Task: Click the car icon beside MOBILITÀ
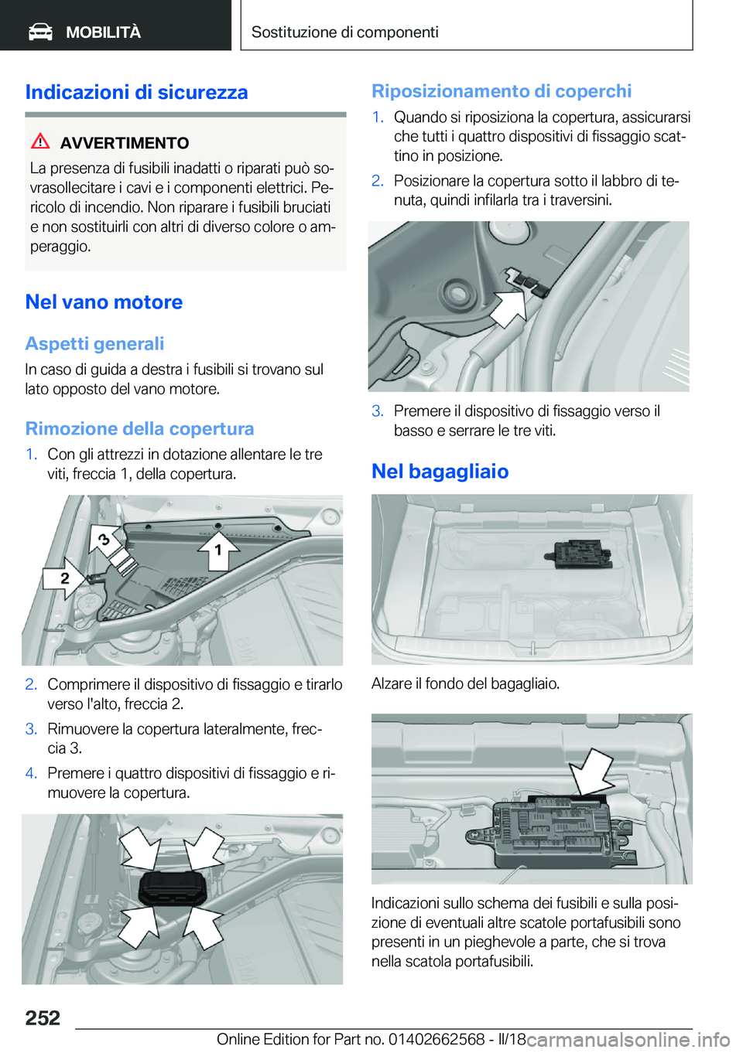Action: tap(40, 32)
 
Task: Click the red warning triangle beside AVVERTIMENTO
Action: tap(40, 141)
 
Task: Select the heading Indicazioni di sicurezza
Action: tap(136, 92)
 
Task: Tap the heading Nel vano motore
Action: tap(104, 302)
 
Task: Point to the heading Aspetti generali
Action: tap(94, 344)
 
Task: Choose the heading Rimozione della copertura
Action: tap(139, 429)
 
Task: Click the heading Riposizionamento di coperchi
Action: tap(502, 91)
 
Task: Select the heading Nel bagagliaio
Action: tap(440, 472)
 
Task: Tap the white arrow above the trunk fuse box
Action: tap(593, 771)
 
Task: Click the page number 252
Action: tap(43, 1017)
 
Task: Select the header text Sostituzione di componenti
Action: tap(344, 32)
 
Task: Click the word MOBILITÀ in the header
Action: tap(103, 32)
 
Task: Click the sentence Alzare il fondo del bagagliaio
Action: tap(465, 683)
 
